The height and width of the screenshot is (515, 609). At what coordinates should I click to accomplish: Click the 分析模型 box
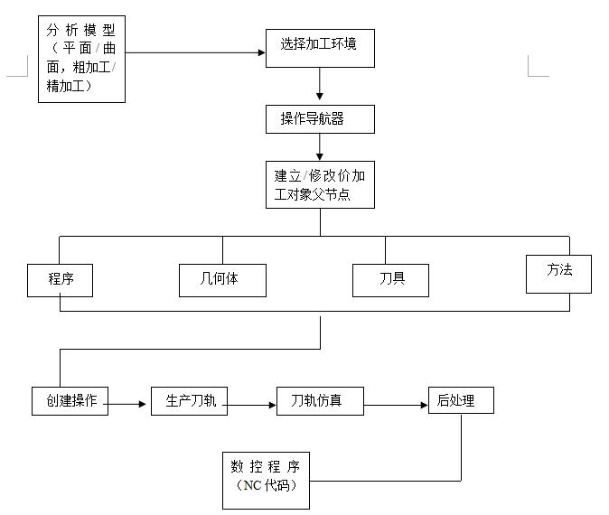point(81,59)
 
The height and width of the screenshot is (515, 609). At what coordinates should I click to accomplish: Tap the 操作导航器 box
point(319,118)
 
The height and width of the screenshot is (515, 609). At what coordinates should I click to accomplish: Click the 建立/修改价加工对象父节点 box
point(319,185)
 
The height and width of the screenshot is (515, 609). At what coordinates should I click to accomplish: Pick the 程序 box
point(61,279)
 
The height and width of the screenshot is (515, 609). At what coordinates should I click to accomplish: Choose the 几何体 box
point(222,280)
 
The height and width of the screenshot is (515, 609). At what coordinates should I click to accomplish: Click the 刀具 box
point(390,279)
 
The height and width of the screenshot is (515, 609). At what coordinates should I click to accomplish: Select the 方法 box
point(558,273)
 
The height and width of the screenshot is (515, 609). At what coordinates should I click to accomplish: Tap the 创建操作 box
point(70,400)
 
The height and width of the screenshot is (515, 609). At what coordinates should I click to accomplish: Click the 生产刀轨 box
point(190,400)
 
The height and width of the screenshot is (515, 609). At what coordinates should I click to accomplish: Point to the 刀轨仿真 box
point(320,400)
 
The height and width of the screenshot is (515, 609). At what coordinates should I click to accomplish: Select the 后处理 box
point(461,399)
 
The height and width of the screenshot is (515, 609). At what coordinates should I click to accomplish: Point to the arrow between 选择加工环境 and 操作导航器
point(319,86)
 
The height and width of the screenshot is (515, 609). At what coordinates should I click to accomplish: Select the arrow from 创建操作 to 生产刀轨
point(129,404)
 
